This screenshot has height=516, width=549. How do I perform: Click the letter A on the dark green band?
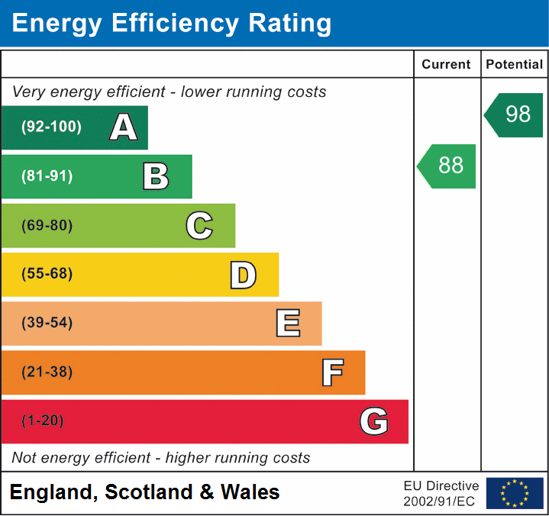124,127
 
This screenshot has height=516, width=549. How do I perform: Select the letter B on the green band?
156,176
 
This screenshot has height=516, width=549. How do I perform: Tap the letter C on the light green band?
199,225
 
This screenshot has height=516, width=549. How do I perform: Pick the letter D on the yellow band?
243,275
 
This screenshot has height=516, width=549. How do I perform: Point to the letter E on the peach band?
287,324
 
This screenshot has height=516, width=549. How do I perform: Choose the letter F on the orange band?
331,372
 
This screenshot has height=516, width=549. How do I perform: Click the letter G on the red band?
374,421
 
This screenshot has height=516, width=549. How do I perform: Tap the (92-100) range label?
52,127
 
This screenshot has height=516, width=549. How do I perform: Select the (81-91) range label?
47,176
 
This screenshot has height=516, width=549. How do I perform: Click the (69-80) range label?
47,225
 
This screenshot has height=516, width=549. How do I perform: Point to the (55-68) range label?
47,274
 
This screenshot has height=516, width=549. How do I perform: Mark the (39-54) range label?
47,323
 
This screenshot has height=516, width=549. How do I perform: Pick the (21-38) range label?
47,372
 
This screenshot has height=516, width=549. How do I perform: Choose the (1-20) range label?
44,421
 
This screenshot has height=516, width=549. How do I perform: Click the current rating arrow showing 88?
448,166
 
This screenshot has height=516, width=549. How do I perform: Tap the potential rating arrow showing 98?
515,114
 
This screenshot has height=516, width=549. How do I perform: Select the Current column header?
447,65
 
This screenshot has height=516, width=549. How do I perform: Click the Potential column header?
515,65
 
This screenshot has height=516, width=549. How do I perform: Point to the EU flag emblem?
515,493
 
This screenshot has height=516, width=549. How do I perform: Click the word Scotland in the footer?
149,492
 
